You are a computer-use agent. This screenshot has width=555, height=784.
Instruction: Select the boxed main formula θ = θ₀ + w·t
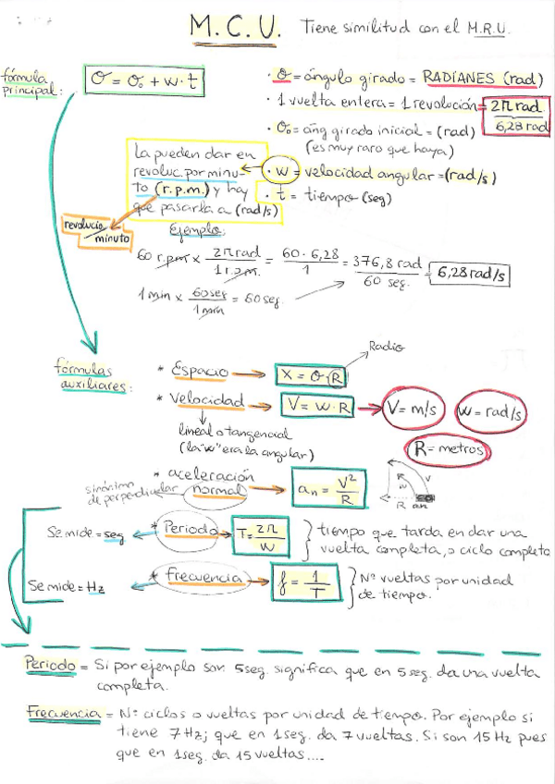point(143,82)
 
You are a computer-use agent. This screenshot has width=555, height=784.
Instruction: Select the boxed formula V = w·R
point(321,406)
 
